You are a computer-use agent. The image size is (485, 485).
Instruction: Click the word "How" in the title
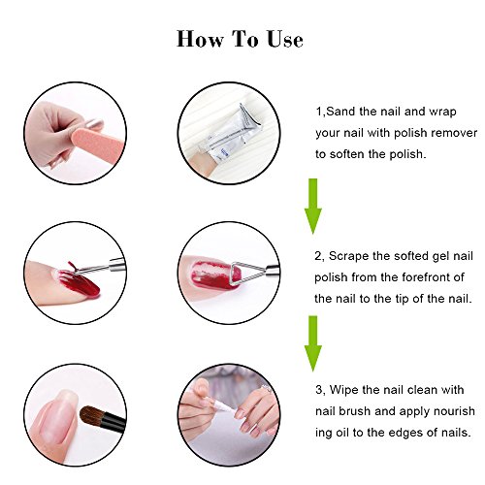pos(200,40)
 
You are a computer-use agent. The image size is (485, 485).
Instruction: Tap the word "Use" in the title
pos(285,40)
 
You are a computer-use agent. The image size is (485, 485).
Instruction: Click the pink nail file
pos(97,145)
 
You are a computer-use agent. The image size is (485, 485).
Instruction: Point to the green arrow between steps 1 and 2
pos(313,206)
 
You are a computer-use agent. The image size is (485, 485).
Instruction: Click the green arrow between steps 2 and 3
pos(313,343)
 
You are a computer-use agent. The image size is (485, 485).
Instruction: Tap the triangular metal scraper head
pos(244,274)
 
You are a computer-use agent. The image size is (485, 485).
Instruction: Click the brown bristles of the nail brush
pos(91,416)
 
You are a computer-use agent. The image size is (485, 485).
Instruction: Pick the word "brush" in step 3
pos(355,411)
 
